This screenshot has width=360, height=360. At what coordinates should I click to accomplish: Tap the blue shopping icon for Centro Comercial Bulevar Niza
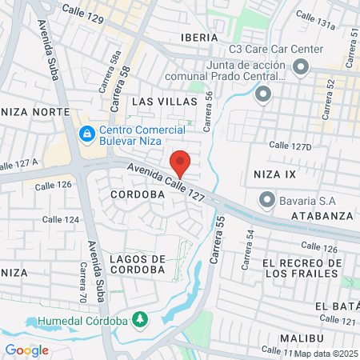86,133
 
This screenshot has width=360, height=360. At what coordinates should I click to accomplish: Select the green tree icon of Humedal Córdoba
141,319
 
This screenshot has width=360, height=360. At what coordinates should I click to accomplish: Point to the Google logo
26,350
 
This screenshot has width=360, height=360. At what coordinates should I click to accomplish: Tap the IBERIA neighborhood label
199,38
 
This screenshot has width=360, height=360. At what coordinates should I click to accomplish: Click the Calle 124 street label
61,219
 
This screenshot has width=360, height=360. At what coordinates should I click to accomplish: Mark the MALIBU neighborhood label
301,338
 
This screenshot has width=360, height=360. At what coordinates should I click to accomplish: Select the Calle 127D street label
290,145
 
